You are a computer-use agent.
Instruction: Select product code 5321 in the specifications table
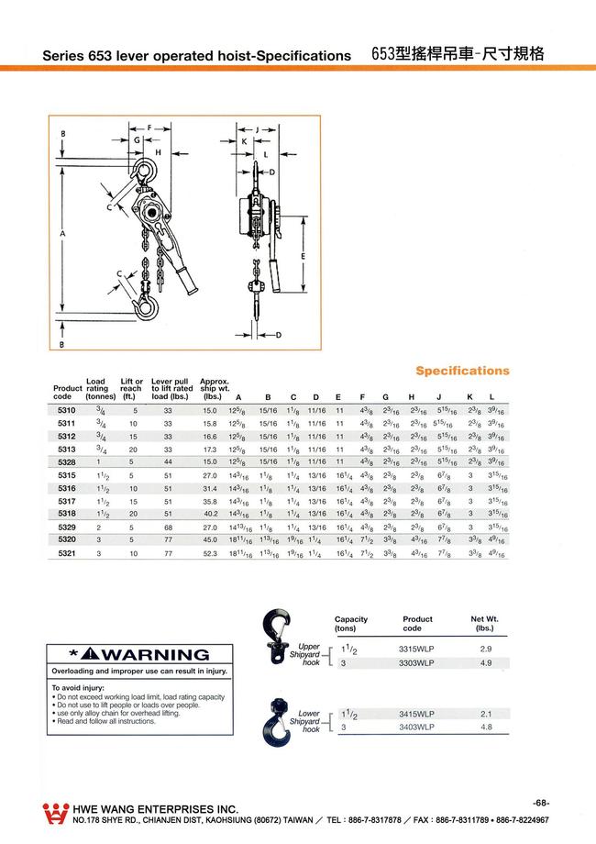coord(68,555)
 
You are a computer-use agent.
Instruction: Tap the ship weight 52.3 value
coord(209,555)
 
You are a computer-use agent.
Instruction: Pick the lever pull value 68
coord(168,528)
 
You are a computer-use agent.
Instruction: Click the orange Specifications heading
coord(462,371)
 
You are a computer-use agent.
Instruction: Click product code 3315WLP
coord(417,648)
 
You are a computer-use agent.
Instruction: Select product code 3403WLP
coord(417,727)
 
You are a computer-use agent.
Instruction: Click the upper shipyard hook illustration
coord(276,642)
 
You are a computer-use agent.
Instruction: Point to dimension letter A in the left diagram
coord(62,235)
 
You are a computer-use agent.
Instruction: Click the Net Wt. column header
coord(484,624)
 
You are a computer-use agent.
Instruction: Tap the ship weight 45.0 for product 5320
coord(209,541)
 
